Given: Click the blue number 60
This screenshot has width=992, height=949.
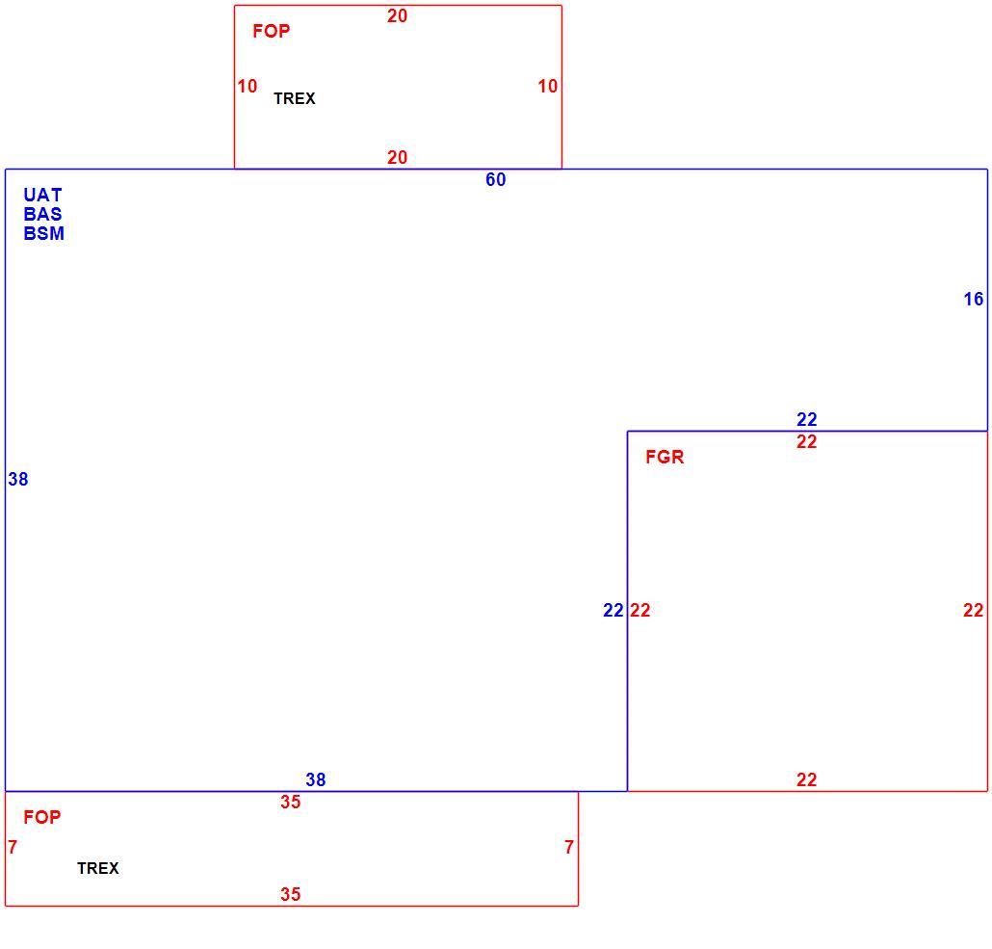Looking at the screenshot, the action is coord(495,180).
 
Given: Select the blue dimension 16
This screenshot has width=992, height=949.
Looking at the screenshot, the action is coord(973,300).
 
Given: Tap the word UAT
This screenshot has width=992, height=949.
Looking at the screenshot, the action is coord(42,195).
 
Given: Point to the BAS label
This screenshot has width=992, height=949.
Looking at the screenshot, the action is coord(42,214).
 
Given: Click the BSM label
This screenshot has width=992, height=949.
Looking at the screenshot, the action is coord(43,233).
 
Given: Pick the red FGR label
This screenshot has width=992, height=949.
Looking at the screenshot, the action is coord(665,457).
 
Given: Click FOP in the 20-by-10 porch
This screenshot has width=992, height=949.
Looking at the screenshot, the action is coord(271,31).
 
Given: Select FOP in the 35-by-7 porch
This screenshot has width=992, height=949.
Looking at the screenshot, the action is coord(41,817).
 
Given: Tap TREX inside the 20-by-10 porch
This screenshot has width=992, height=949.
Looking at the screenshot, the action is coord(294,99).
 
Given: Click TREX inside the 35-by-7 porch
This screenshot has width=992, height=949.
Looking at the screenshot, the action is coord(98,869).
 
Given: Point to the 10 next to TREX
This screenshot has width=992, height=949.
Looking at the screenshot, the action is coord(248,86).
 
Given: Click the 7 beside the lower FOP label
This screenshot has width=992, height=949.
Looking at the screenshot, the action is coord(13,847).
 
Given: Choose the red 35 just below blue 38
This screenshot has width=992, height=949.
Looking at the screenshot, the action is coord(291,803).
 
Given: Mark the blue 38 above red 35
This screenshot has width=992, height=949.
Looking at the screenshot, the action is coord(315,780).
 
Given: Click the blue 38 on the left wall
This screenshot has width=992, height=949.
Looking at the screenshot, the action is coord(17,480).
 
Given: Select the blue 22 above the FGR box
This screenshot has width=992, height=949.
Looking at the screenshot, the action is coord(807,420).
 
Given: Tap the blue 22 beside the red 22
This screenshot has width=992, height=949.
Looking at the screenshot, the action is coord(613,610).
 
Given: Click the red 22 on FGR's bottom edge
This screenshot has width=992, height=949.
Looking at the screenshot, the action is coord(807,780).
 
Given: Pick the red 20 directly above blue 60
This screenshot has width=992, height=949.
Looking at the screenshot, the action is coord(398,158).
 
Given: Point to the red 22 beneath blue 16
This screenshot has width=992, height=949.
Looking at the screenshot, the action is coord(973,610).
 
